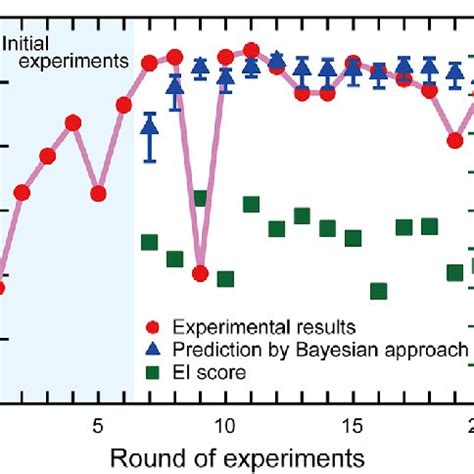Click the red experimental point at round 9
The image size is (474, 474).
200,273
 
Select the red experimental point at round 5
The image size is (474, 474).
98,192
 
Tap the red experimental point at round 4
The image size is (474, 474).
73,123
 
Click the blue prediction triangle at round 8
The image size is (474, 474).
175,88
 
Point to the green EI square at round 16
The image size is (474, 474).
378,291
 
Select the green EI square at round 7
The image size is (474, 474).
149,242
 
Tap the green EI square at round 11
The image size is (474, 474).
251,204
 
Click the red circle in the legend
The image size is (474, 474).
151,327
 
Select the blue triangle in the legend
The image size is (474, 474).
151,349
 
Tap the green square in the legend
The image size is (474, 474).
151,372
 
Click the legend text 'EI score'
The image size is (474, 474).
209,372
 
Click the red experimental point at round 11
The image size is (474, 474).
251,50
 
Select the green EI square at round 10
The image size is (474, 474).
225,279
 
